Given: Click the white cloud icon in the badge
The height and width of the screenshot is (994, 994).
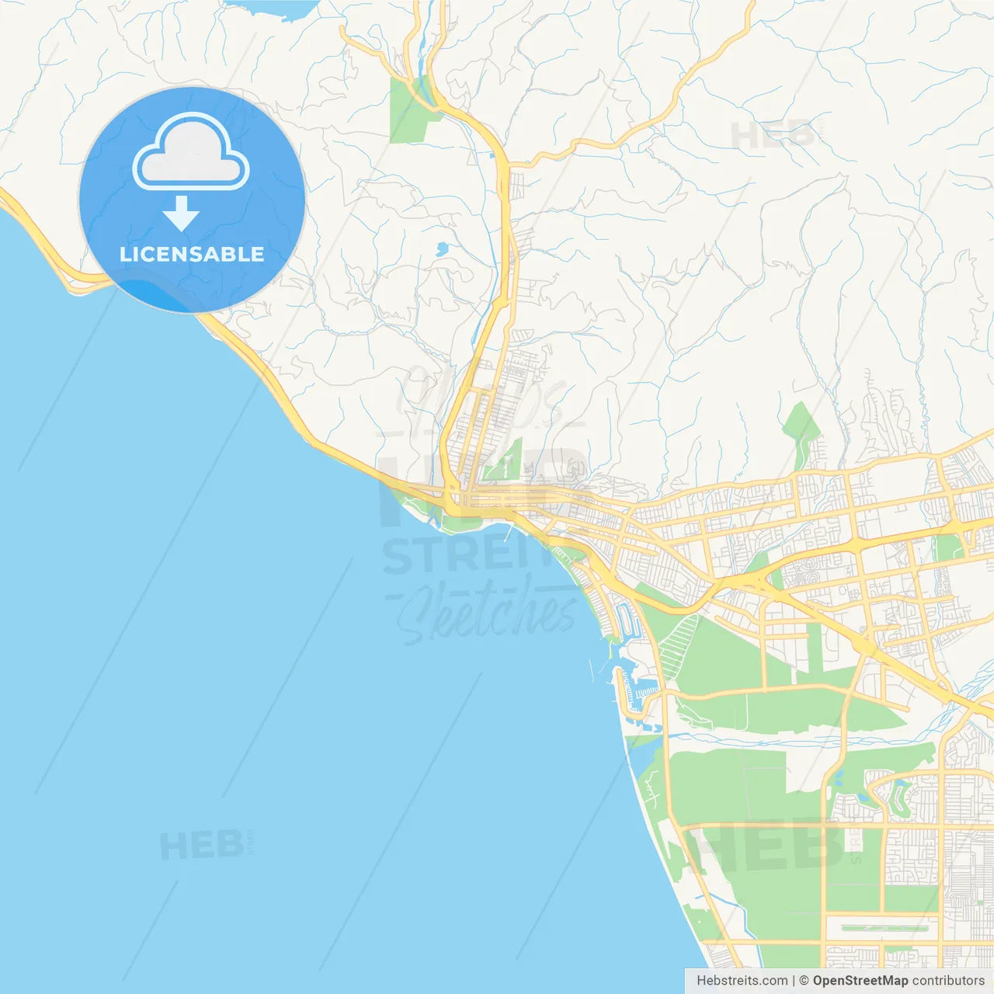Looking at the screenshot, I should [x=191, y=153].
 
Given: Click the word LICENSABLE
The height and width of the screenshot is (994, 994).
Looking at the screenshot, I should [x=192, y=254].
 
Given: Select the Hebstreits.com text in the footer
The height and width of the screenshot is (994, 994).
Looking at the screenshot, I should [x=742, y=981].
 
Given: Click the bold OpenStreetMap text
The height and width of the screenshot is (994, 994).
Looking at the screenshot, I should [x=860, y=981].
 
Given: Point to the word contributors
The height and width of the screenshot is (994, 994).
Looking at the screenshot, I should [x=948, y=981].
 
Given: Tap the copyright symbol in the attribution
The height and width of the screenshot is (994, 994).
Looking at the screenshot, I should [x=805, y=981].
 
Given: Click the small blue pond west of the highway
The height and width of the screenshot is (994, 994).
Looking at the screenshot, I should [x=442, y=249].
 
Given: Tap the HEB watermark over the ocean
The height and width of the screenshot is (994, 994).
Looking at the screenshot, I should [x=202, y=845].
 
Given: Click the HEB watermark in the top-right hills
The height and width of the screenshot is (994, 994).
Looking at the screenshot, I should [x=773, y=135].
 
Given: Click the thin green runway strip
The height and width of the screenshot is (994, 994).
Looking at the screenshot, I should [x=885, y=928].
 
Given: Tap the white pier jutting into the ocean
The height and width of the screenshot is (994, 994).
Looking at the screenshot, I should [x=508, y=533].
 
